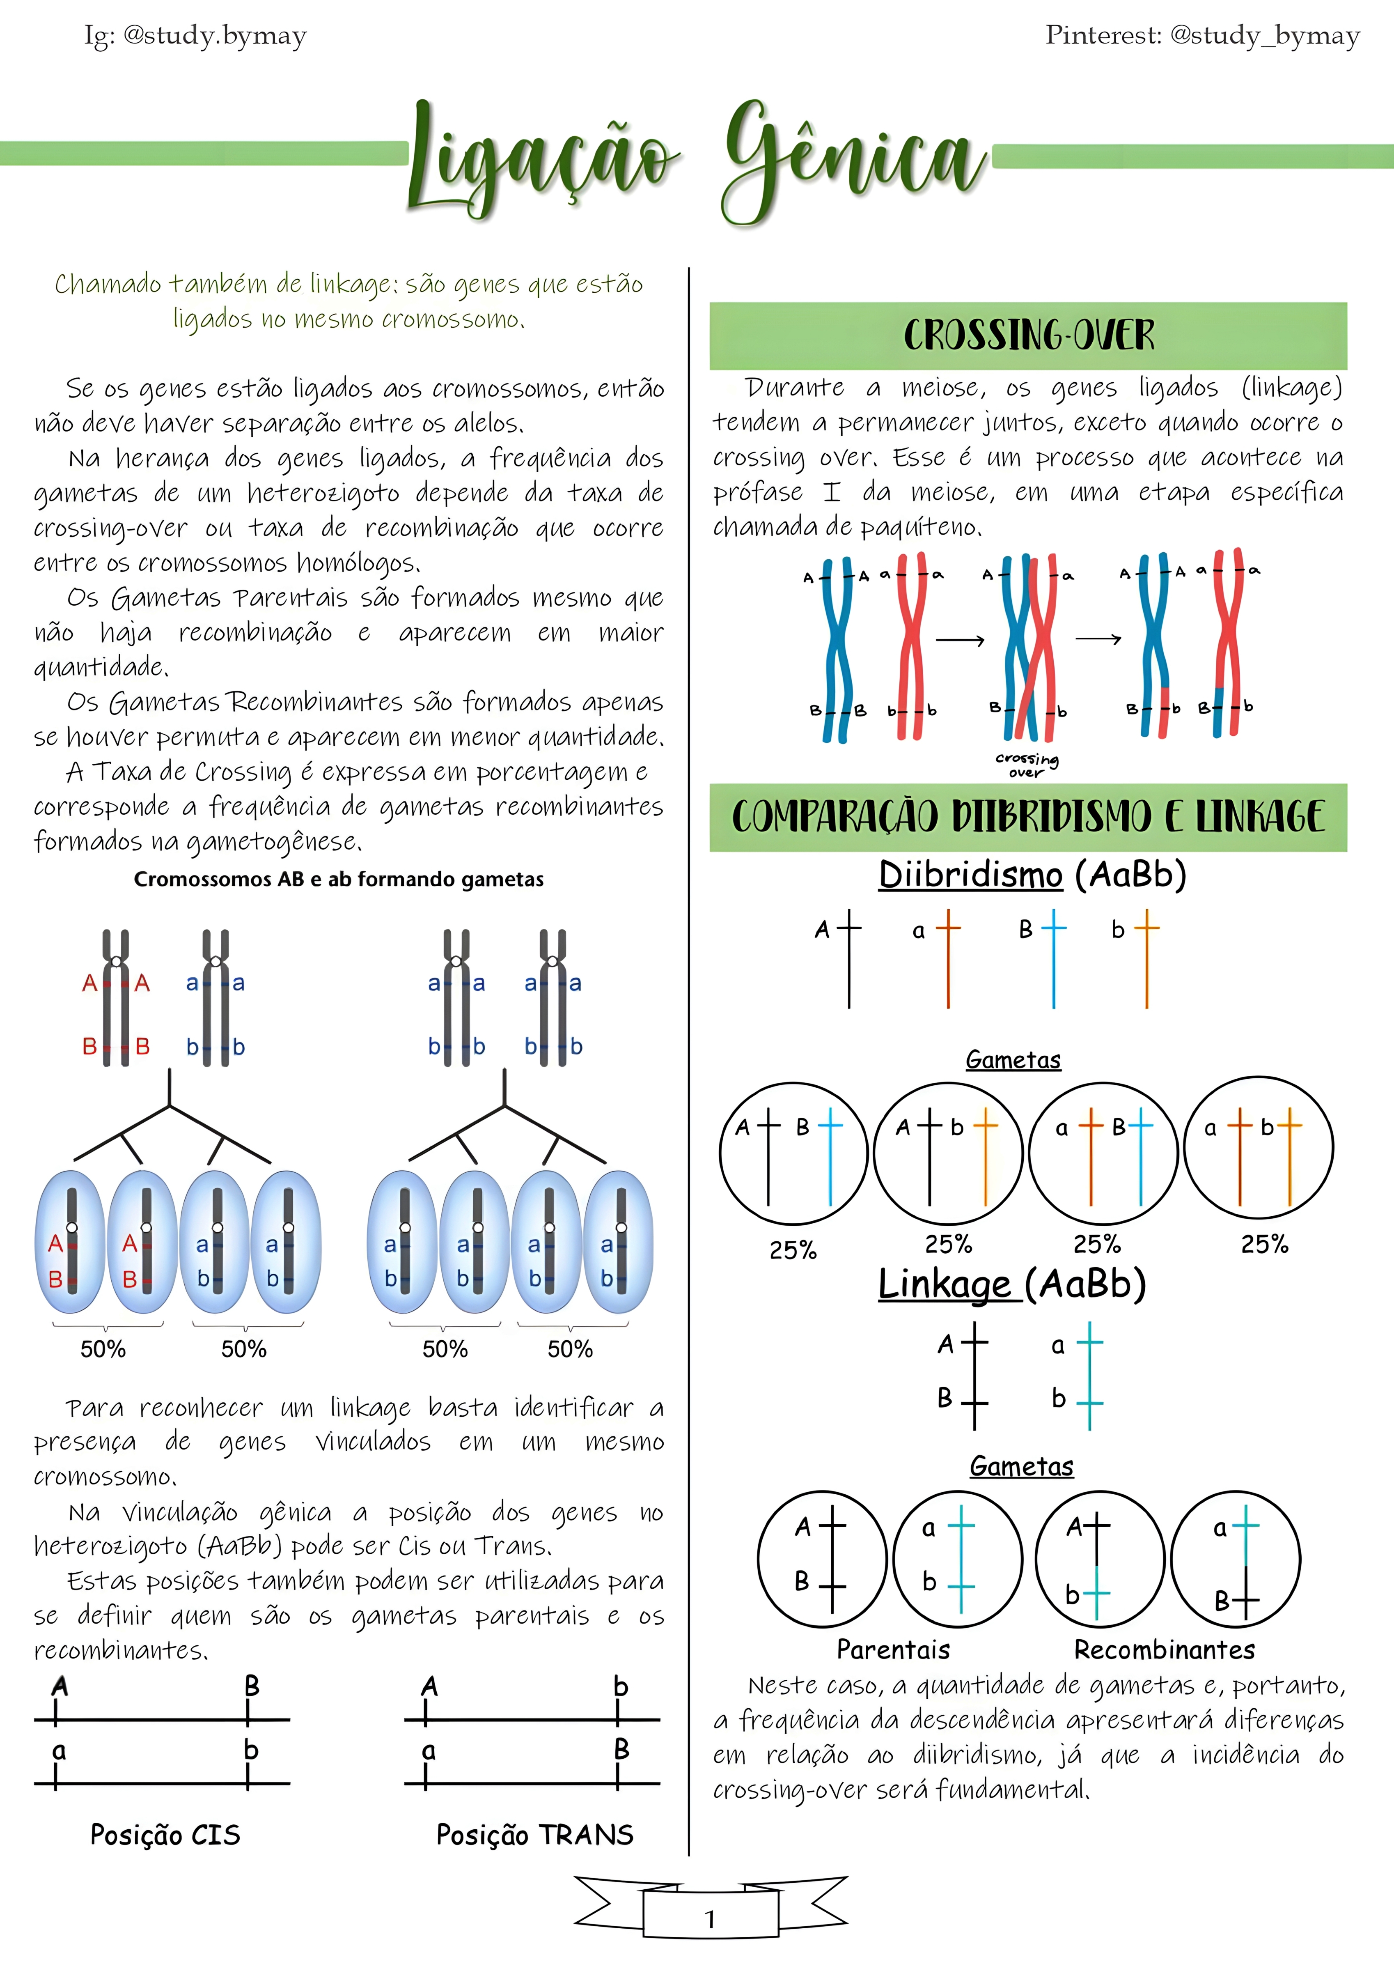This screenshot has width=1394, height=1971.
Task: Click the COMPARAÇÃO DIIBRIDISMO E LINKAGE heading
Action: click(1028, 816)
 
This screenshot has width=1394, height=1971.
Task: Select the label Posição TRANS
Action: click(535, 1835)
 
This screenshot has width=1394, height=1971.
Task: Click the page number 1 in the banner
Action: click(710, 1918)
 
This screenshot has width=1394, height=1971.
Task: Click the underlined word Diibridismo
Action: click(970, 875)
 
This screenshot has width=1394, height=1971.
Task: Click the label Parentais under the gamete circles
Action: click(893, 1649)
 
